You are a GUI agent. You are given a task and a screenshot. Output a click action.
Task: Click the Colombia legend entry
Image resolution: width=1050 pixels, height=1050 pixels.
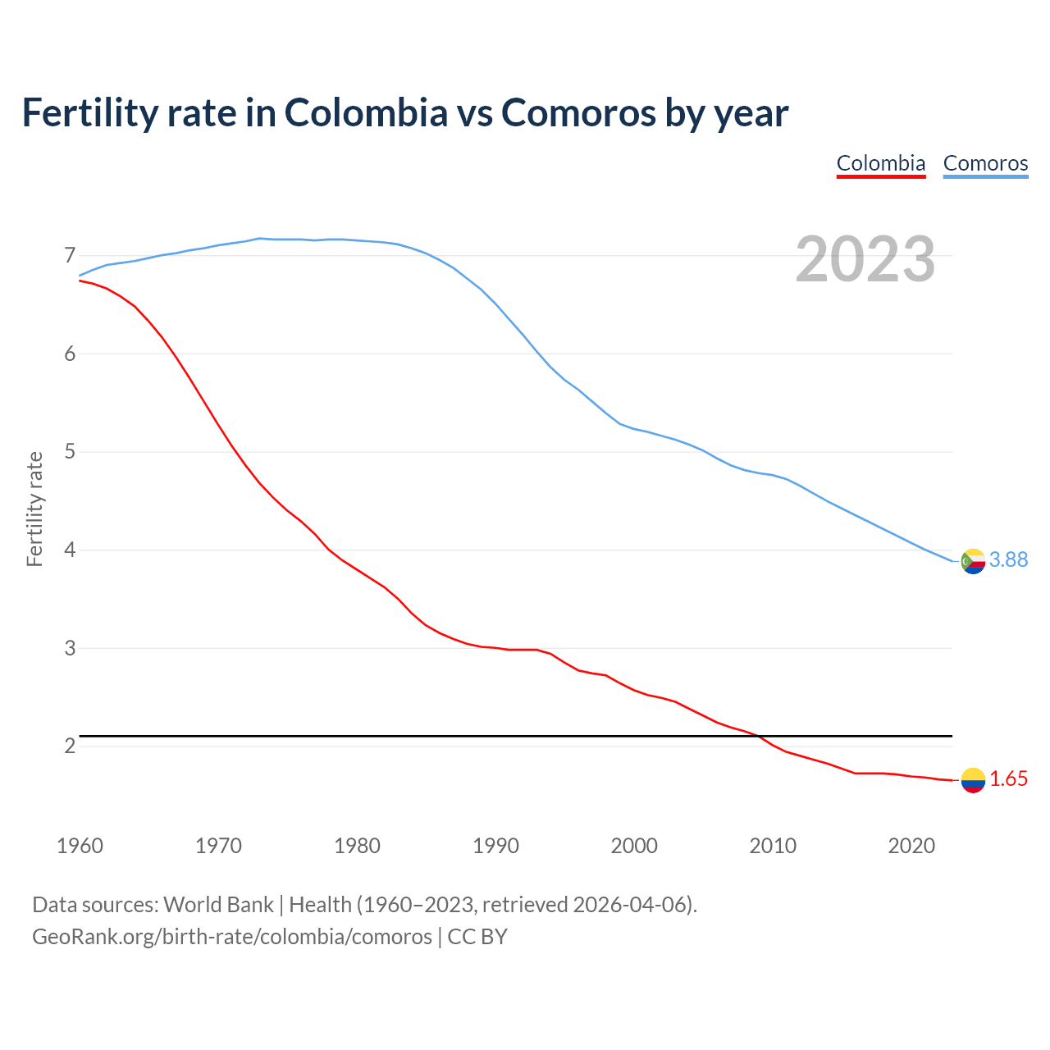coord(880,163)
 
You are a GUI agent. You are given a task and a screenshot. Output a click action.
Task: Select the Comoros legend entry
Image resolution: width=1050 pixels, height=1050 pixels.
coord(985,163)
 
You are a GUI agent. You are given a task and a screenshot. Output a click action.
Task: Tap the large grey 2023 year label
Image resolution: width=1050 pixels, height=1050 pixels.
coord(865,259)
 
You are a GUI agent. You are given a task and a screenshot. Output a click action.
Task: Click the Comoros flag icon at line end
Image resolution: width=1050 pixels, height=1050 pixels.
coord(972,562)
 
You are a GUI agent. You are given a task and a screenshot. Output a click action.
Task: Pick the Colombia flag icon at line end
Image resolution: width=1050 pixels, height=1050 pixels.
coord(972,780)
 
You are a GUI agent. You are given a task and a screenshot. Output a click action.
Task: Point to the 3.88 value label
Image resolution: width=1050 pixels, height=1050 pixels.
coord(1008,559)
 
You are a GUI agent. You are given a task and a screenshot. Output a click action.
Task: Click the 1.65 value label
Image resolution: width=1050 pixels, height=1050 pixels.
coord(1008,779)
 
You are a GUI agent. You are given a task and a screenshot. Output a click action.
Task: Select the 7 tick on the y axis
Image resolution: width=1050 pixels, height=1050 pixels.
coord(70,255)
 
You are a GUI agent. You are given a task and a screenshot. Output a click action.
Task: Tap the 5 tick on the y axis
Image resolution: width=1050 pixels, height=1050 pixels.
coord(70,452)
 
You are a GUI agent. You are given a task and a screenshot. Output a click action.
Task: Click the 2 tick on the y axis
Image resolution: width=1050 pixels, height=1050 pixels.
coord(70,746)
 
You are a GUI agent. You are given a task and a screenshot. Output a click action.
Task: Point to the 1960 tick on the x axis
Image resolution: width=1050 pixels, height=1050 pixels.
coord(80,846)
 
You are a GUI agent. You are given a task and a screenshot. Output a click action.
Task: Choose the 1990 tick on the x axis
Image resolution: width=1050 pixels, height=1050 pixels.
coord(495,846)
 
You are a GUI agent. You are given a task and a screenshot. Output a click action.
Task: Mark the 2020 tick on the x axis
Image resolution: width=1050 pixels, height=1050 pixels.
coord(911,846)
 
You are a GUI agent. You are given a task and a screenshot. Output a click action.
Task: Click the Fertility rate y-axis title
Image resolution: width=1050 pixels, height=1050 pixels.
coord(34,509)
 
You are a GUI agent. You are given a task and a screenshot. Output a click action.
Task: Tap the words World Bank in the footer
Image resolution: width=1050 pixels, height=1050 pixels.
coord(218,905)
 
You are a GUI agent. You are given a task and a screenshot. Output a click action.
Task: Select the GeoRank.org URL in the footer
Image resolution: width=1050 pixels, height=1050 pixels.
coord(231,936)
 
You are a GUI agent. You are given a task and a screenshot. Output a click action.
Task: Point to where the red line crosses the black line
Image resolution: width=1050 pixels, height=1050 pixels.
coord(760,736)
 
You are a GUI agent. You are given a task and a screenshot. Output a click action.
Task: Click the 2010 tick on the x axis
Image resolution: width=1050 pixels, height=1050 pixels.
coord(773,846)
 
